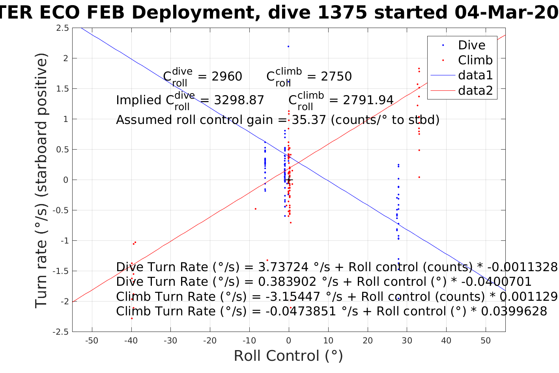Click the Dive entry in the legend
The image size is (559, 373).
pyautogui.click(x=471, y=45)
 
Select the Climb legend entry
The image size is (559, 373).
pyautogui.click(x=475, y=60)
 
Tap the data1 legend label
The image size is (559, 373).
pyautogui.click(x=475, y=75)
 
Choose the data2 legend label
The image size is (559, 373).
pyautogui.click(x=475, y=90)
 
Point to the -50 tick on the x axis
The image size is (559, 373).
pyautogui.click(x=92, y=341)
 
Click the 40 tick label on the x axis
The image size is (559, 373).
pyautogui.click(x=446, y=341)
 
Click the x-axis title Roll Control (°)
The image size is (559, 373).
pyautogui.click(x=288, y=356)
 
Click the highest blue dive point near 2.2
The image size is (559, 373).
pyautogui.click(x=288, y=47)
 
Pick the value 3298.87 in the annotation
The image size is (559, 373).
pyautogui.click(x=239, y=100)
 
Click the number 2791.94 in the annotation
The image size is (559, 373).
pyautogui.click(x=368, y=100)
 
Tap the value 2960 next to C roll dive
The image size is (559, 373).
pyautogui.click(x=227, y=76)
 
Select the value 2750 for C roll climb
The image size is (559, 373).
pyautogui.click(x=336, y=76)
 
